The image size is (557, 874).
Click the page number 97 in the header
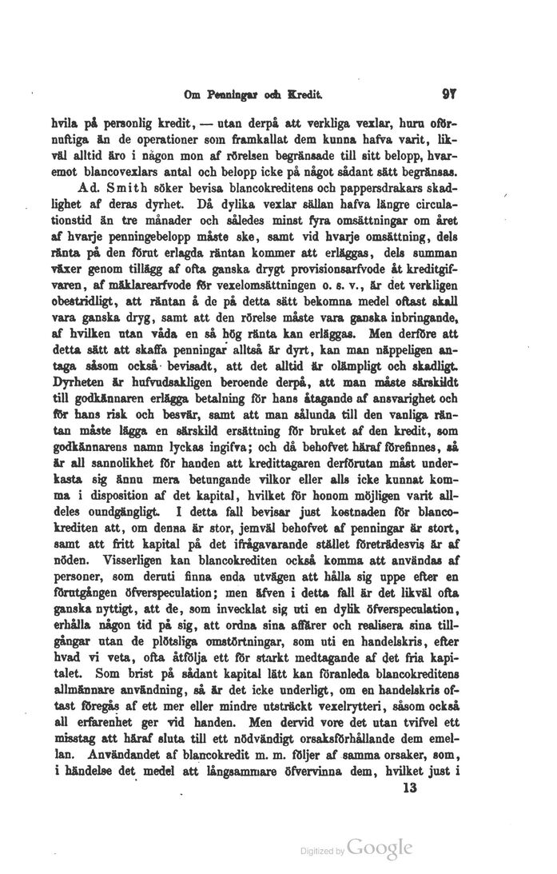pyautogui.click(x=448, y=94)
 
